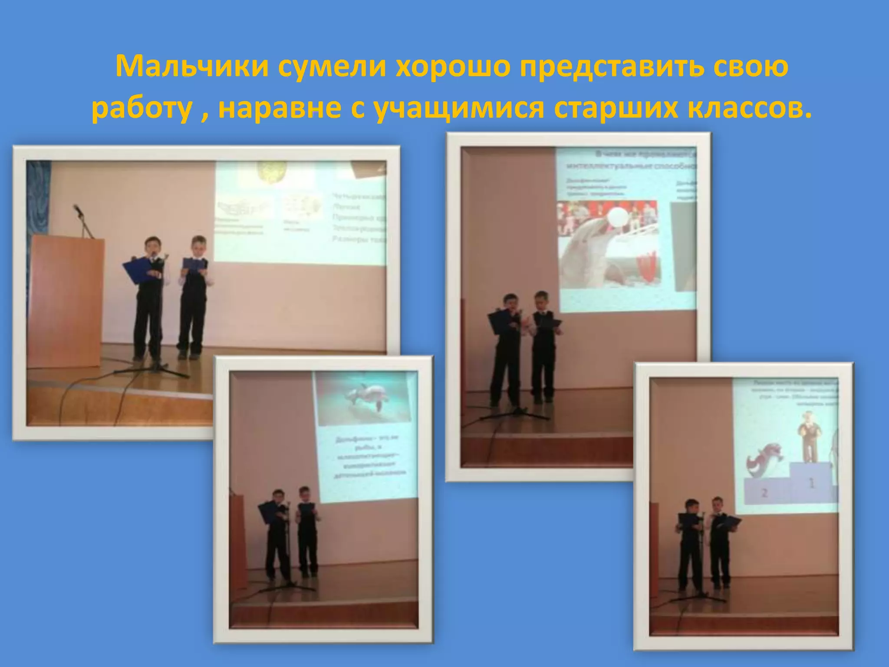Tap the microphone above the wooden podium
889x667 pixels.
click(x=78, y=211)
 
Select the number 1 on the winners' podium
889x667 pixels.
click(x=810, y=482)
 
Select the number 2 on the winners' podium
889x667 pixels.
click(x=765, y=493)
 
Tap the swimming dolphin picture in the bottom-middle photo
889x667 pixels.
click(x=364, y=398)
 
